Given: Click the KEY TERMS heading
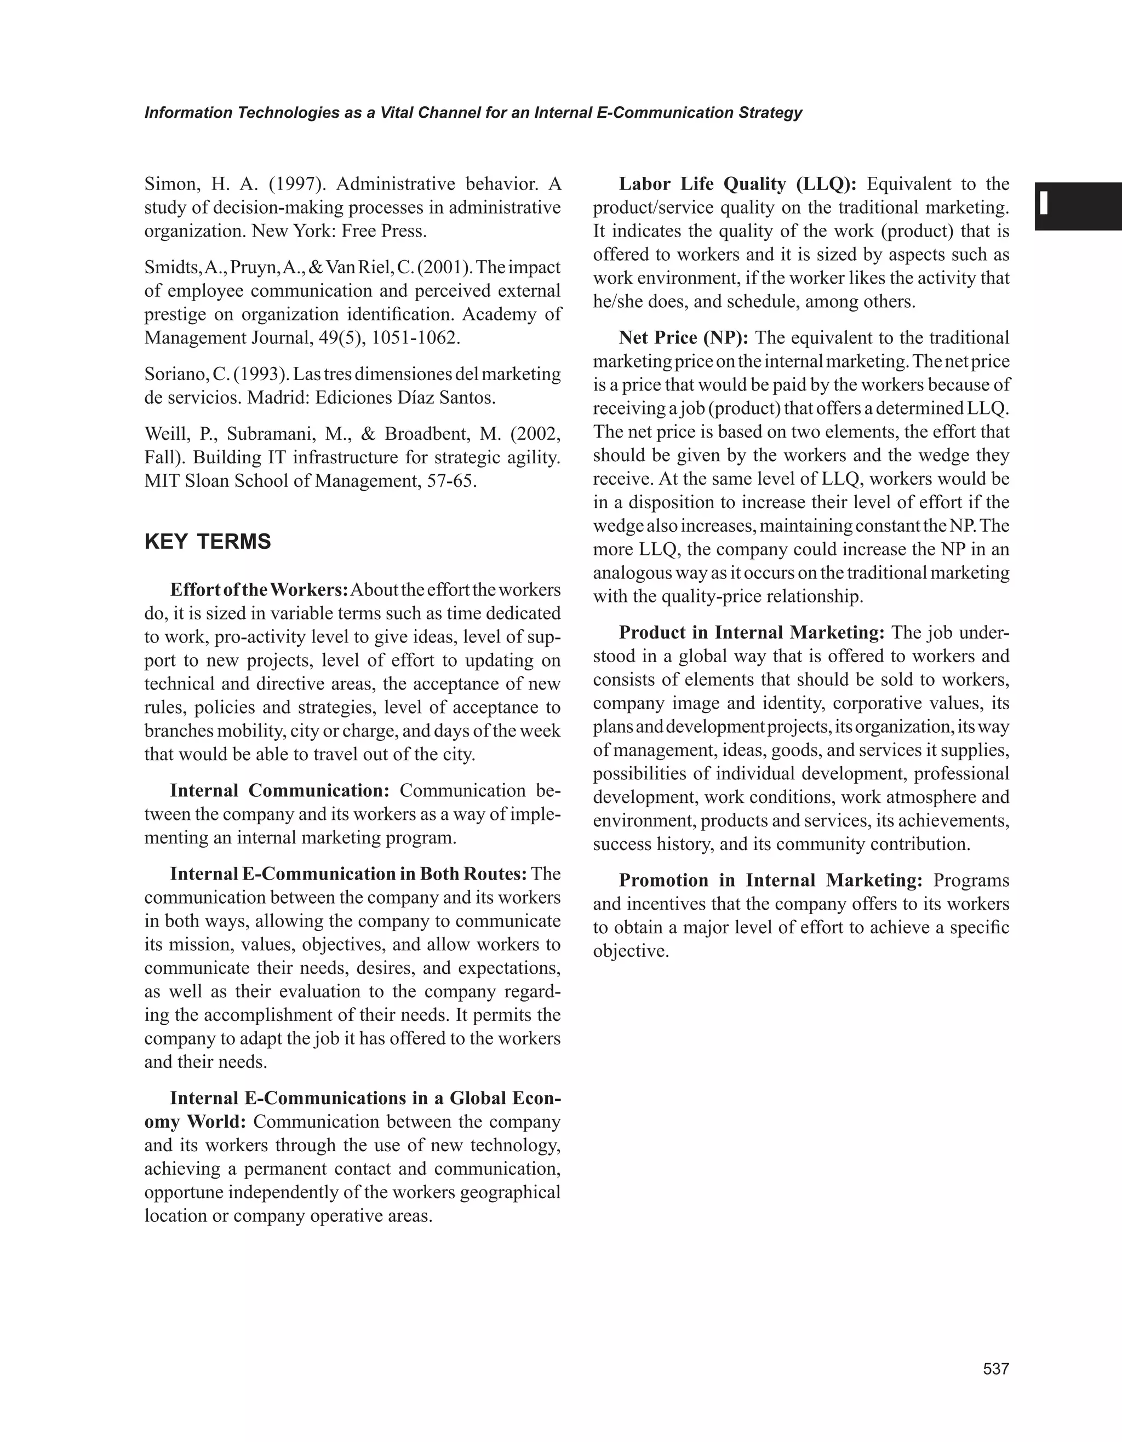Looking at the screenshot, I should (x=208, y=542).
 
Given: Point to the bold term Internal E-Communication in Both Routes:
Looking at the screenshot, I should (x=348, y=874).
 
